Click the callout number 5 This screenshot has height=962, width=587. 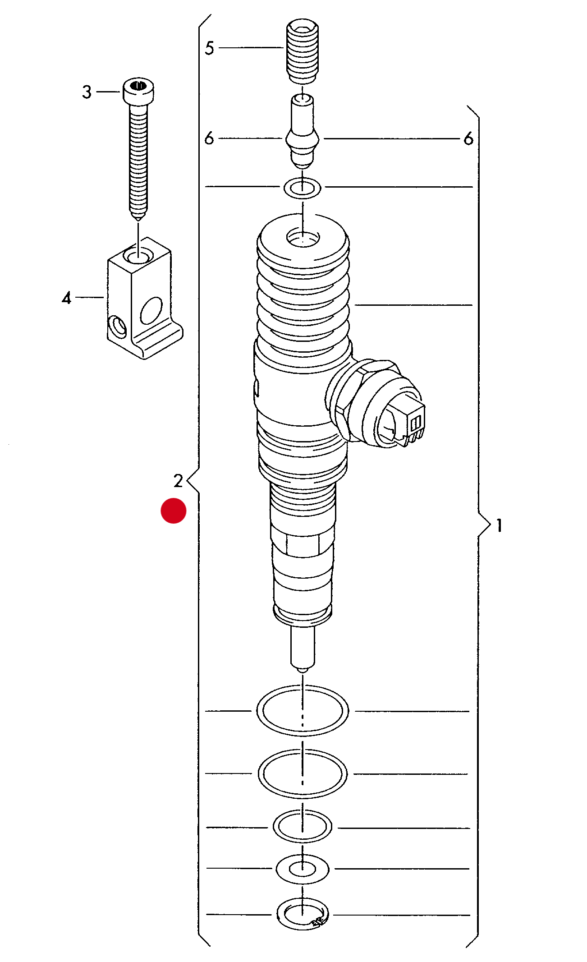(209, 48)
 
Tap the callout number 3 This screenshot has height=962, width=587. (87, 92)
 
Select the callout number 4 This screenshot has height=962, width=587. (67, 298)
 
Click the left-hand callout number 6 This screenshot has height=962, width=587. (209, 138)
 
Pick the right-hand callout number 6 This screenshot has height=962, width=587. (468, 139)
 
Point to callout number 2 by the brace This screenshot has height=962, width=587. (178, 481)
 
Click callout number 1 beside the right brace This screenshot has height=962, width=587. (499, 525)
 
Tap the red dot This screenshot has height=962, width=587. (174, 511)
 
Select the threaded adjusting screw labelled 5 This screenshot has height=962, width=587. (303, 52)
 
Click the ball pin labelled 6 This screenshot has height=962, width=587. (303, 133)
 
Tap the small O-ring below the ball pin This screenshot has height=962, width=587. (303, 187)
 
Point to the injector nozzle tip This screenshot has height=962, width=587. (303, 649)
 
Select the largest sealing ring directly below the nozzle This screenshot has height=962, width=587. (303, 711)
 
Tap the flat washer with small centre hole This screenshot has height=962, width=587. (303, 868)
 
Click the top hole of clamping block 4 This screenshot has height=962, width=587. (138, 256)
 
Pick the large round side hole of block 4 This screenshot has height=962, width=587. (151, 310)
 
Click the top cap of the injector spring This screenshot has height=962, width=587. (303, 239)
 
